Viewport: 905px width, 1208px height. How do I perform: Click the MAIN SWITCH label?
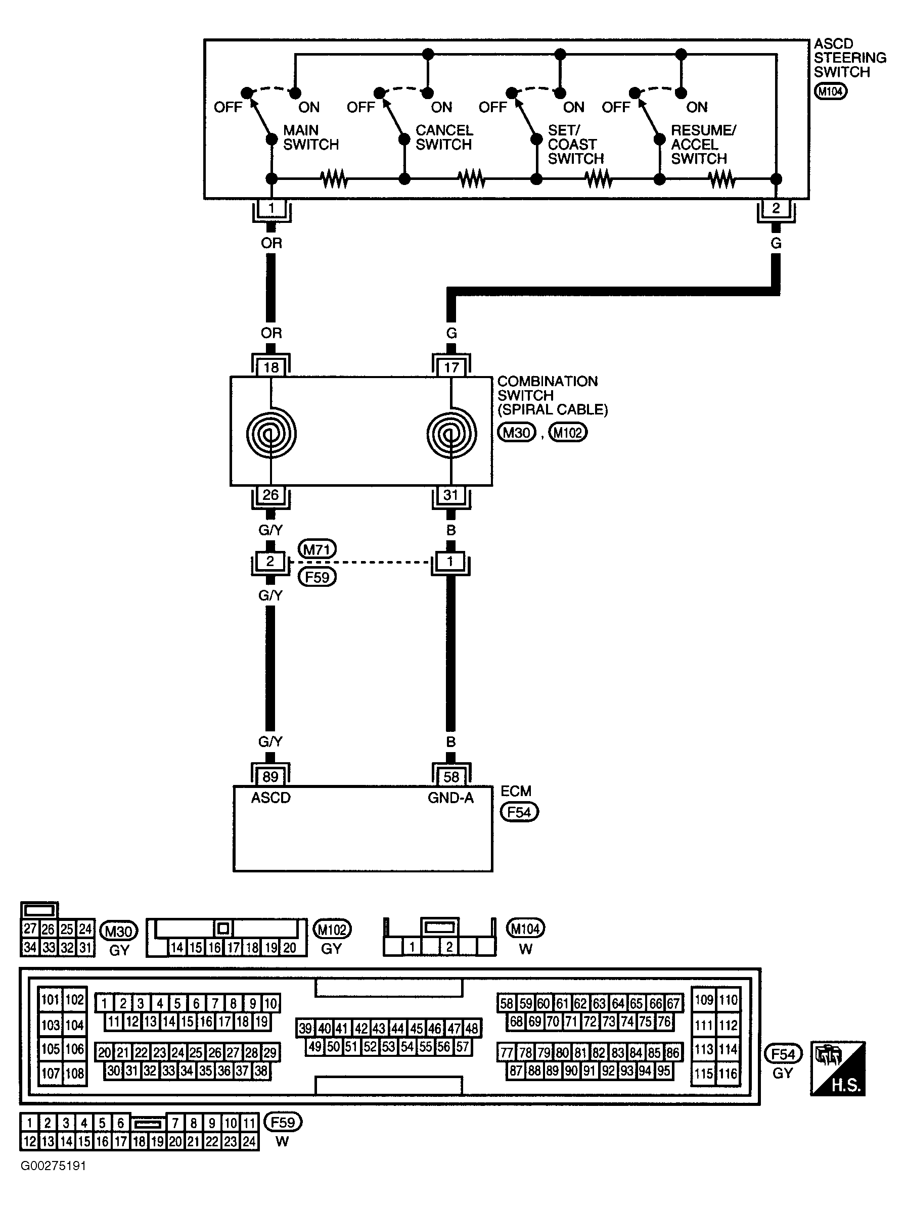click(310, 137)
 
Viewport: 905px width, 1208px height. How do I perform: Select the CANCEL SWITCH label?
click(443, 137)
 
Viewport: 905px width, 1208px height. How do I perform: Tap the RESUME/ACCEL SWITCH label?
click(703, 144)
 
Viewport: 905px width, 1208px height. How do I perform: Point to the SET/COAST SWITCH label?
click(575, 144)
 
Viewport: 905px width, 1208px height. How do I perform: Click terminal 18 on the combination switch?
click(271, 367)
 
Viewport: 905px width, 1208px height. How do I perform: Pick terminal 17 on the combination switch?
click(451, 367)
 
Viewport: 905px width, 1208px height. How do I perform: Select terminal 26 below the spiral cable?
click(270, 495)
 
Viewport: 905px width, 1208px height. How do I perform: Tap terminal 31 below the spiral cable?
click(450, 495)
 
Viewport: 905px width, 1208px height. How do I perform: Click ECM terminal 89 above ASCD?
click(270, 776)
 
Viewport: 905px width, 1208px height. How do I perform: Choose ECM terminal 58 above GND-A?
click(451, 776)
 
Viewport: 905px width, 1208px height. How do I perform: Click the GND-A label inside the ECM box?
click(450, 798)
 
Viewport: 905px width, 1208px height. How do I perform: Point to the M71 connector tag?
click(317, 549)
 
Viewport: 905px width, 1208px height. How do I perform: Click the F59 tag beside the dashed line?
click(317, 577)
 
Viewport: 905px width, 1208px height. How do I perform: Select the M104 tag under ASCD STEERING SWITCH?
click(830, 91)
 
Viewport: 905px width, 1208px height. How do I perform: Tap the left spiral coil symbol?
click(271, 434)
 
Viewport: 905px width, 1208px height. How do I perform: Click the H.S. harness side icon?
click(838, 1068)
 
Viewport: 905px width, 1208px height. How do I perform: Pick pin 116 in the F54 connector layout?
click(728, 1074)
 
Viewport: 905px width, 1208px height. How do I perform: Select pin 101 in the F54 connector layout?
click(50, 1000)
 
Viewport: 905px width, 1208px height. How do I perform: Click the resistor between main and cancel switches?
click(334, 178)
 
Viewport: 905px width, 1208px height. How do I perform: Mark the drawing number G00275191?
click(54, 1166)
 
